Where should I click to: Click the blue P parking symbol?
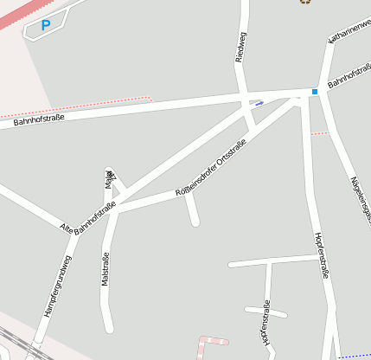pyautogui.click(x=45, y=26)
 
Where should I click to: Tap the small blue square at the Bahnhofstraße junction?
pyautogui.click(x=315, y=92)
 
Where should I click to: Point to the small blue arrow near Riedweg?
pyautogui.click(x=259, y=103)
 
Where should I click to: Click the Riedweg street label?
pyautogui.click(x=240, y=47)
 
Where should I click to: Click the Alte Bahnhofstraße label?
pyautogui.click(x=87, y=217)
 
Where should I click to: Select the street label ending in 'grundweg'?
pyautogui.click(x=58, y=286)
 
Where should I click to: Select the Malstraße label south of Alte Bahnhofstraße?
pyautogui.click(x=106, y=269)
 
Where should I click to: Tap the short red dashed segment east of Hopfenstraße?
pyautogui.click(x=319, y=133)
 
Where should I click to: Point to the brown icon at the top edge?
pyautogui.click(x=304, y=2)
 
